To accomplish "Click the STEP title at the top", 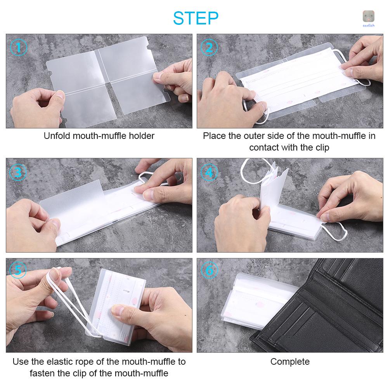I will tap(196, 17).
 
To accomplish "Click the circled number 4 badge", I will tap(209, 171).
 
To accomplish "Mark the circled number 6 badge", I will tap(209, 270).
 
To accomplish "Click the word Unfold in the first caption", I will tap(55, 136).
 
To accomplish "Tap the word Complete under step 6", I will tap(290, 362).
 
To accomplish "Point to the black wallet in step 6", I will tap(326, 310).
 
